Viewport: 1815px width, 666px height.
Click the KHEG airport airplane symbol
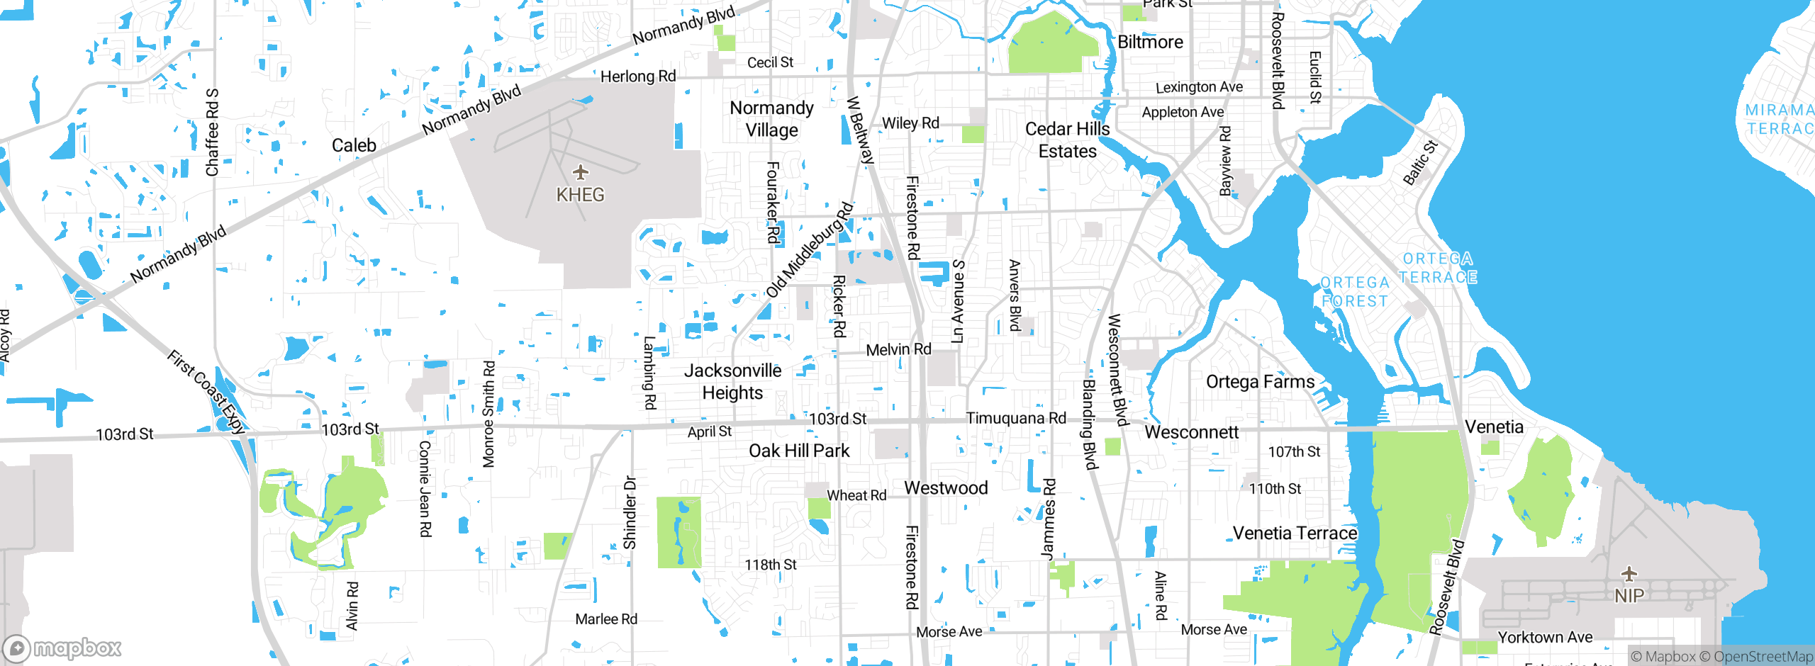pyautogui.click(x=581, y=172)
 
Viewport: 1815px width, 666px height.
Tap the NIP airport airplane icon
pyautogui.click(x=1629, y=573)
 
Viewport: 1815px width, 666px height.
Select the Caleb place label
pyautogui.click(x=354, y=145)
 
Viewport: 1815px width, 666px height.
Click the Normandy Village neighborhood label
pyautogui.click(x=771, y=119)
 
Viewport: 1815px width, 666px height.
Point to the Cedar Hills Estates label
pyautogui.click(x=1067, y=140)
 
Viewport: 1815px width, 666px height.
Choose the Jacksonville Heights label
pyautogui.click(x=732, y=381)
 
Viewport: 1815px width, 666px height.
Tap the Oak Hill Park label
pyautogui.click(x=799, y=451)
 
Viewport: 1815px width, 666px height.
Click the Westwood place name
pyautogui.click(x=946, y=487)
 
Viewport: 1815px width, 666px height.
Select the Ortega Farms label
pyautogui.click(x=1260, y=381)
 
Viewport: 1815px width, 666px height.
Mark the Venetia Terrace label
pyautogui.click(x=1295, y=533)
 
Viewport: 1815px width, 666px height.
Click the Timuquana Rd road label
pyautogui.click(x=1015, y=418)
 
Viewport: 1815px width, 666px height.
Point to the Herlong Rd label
pyautogui.click(x=638, y=77)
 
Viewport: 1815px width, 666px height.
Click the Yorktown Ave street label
pyautogui.click(x=1545, y=637)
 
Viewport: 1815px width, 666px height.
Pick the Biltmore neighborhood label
pyautogui.click(x=1150, y=42)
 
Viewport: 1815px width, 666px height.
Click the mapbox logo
pyautogui.click(x=62, y=648)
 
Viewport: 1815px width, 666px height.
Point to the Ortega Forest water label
pyautogui.click(x=1354, y=292)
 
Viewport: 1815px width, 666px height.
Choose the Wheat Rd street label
pyautogui.click(x=856, y=495)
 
